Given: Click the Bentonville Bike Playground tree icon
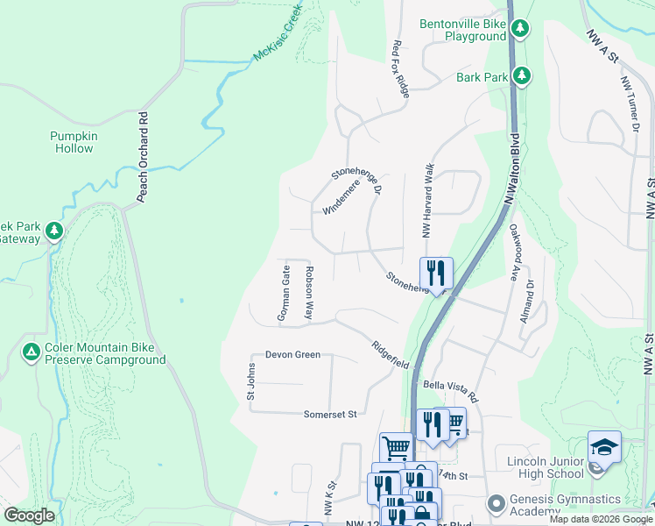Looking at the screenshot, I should [520, 29].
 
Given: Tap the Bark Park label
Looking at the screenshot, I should [482, 77].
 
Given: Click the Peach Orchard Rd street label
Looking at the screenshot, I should [142, 167].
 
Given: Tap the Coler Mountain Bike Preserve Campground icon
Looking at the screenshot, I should [32, 352].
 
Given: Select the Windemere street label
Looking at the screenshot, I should [342, 196].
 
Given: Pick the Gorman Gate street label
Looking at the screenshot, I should [284, 293].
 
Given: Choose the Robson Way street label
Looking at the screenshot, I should [308, 293].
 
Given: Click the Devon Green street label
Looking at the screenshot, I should [292, 355].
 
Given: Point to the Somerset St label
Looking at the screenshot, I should [331, 414].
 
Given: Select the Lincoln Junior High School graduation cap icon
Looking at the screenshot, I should [604, 447].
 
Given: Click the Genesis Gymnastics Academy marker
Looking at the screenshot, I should [497, 503].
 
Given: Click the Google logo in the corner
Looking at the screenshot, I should [29, 515].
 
